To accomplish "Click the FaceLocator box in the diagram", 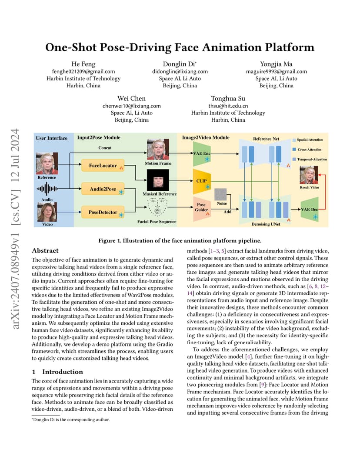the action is click(x=103, y=166).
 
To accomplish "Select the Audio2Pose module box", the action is click(x=103, y=189).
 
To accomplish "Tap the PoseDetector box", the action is click(x=103, y=212).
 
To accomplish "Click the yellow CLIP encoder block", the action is click(x=202, y=181).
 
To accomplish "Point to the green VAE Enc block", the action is click(x=202, y=153).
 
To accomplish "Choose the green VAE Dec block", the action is click(x=310, y=209).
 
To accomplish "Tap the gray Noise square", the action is click(x=220, y=194).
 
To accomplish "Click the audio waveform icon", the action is click(x=47, y=189).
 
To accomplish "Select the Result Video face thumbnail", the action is click(x=309, y=175).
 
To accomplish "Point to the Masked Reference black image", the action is click(x=158, y=180).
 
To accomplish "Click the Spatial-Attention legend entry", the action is click(x=308, y=140).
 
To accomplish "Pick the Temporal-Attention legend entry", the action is click(x=310, y=159).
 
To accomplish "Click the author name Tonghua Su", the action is click(x=228, y=98).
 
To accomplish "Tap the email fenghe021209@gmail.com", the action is click(x=83, y=71).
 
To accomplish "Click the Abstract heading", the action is click(x=45, y=250).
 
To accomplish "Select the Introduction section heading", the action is click(x=57, y=372).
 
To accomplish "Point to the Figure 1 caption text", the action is click(x=180, y=241).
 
